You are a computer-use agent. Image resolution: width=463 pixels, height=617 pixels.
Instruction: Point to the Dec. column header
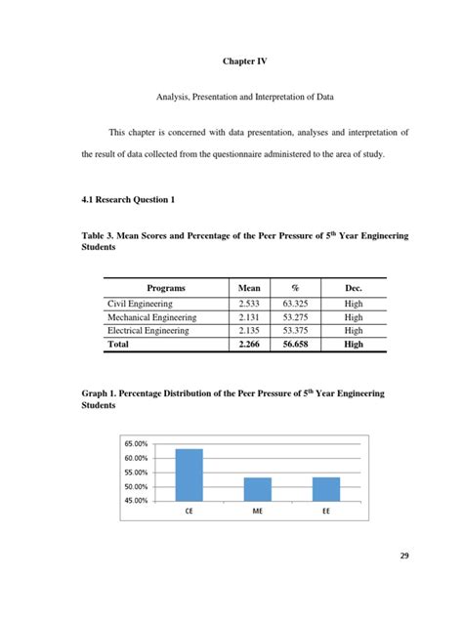tap(354, 289)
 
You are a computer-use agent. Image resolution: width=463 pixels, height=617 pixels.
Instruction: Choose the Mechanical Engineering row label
tap(152, 317)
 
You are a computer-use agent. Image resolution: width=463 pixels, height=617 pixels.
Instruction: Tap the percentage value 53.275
tap(298, 317)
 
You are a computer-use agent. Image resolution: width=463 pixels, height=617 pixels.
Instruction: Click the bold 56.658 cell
tap(298, 344)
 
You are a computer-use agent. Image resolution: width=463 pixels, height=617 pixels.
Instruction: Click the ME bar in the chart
tap(257, 488)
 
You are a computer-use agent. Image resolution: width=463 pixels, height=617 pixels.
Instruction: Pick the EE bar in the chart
tap(326, 488)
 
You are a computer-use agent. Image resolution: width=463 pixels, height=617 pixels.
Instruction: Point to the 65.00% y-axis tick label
tap(136, 444)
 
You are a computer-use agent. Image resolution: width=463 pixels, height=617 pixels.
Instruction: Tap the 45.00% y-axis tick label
tap(136, 501)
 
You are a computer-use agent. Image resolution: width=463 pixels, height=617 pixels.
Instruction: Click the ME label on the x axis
tap(257, 511)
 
